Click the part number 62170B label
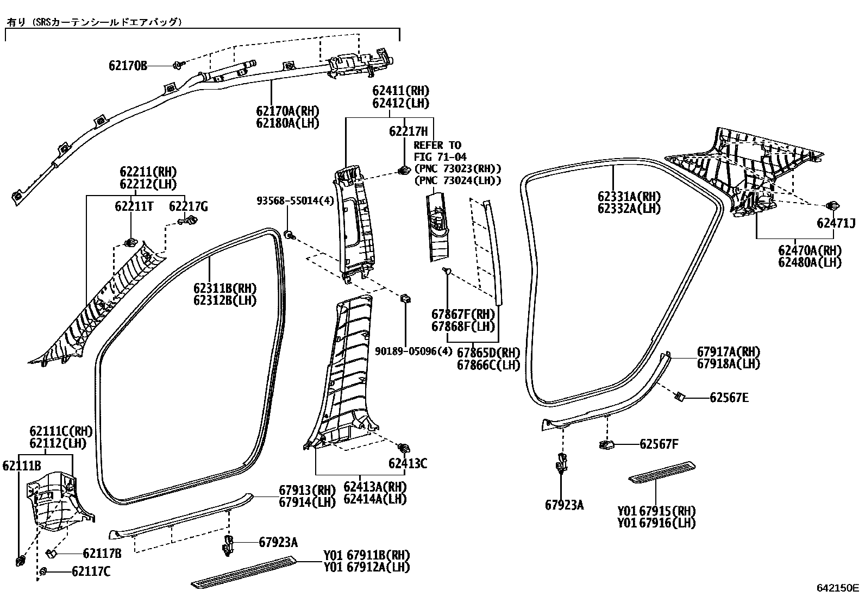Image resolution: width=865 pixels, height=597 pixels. [x=128, y=66]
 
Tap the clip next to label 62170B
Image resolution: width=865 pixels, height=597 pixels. [x=178, y=65]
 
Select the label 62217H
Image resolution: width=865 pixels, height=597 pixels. [x=408, y=131]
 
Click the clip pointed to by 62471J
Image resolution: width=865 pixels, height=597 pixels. [x=831, y=206]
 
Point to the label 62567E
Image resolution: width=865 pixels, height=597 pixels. [x=729, y=398]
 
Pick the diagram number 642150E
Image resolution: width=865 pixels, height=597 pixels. [x=838, y=588]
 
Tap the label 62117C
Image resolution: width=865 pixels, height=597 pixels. [x=91, y=571]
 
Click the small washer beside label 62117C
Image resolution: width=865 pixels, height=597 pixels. [x=43, y=571]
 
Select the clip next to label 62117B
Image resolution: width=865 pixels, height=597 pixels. [x=51, y=553]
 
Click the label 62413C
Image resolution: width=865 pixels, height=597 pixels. [x=408, y=463]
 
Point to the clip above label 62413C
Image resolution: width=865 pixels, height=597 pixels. [x=403, y=448]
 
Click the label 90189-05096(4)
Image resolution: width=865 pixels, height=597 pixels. [x=413, y=351]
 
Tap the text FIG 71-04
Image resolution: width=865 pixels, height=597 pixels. [x=440, y=157]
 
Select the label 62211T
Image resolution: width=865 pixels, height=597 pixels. [x=134, y=206]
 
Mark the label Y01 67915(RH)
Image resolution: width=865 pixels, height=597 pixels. [x=656, y=511]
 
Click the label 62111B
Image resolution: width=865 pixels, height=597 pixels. [x=22, y=466]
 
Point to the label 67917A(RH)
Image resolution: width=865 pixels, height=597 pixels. [x=728, y=351]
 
